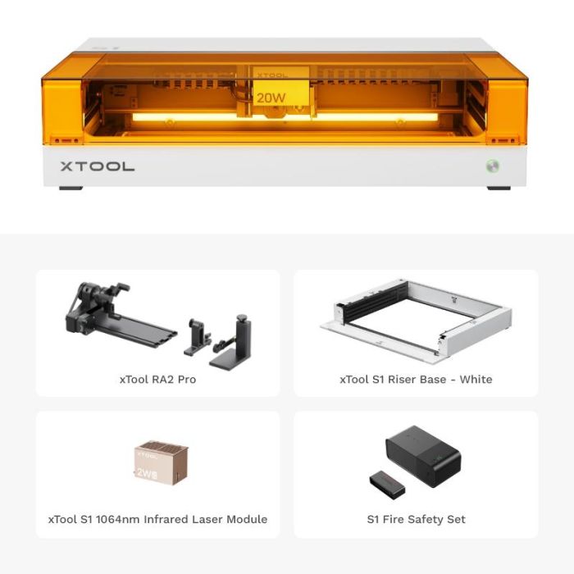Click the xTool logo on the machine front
(x=97, y=166)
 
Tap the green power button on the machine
(x=490, y=165)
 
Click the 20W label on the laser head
(x=271, y=98)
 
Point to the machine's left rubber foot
(x=71, y=188)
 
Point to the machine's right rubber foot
(x=499, y=188)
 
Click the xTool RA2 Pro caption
(x=157, y=380)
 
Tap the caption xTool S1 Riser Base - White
(x=416, y=380)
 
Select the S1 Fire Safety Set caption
(x=416, y=519)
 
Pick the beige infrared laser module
(x=161, y=463)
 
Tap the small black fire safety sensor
(x=386, y=484)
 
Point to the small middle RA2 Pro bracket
(x=197, y=336)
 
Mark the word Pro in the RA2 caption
(x=184, y=380)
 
